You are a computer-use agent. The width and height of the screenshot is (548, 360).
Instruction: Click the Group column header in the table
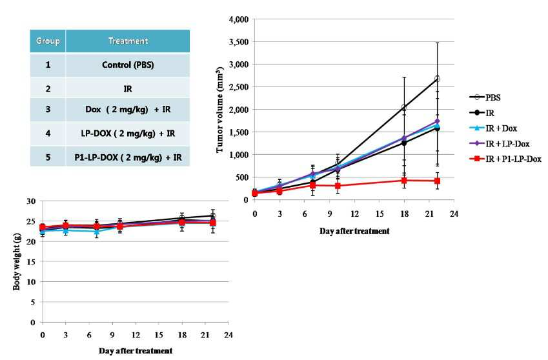click(x=48, y=41)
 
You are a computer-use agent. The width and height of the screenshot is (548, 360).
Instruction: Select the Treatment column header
click(x=128, y=41)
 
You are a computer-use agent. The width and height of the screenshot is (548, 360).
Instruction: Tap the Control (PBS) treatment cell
click(x=128, y=65)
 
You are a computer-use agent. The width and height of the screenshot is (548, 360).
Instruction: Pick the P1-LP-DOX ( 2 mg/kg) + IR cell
click(x=128, y=157)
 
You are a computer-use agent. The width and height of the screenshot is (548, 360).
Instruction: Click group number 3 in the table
click(x=48, y=109)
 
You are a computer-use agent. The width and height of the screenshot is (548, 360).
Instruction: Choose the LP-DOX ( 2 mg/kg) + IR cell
click(x=128, y=134)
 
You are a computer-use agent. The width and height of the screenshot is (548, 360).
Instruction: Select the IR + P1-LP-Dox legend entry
click(x=505, y=159)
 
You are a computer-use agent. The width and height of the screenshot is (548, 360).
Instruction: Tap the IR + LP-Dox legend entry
click(x=500, y=143)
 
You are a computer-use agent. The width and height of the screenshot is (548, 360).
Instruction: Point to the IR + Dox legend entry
click(x=494, y=128)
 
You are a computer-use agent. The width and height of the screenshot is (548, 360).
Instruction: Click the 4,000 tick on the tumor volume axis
click(x=239, y=19)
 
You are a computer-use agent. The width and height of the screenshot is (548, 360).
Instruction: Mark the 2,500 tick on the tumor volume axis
click(x=239, y=87)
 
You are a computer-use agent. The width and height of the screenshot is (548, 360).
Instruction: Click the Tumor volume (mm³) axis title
click(x=219, y=110)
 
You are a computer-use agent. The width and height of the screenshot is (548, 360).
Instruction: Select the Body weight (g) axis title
click(x=16, y=263)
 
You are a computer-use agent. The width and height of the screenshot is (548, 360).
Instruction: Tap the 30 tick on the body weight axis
click(x=31, y=201)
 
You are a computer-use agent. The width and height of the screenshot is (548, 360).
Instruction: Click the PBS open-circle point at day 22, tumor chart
click(x=437, y=79)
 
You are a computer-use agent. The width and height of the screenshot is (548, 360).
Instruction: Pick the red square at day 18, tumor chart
click(x=404, y=181)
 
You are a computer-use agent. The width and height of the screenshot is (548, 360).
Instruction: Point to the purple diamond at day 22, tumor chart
click(x=437, y=121)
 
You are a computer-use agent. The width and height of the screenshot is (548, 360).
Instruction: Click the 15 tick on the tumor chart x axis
click(x=380, y=214)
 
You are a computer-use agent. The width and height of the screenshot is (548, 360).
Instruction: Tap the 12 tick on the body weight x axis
click(x=136, y=335)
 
